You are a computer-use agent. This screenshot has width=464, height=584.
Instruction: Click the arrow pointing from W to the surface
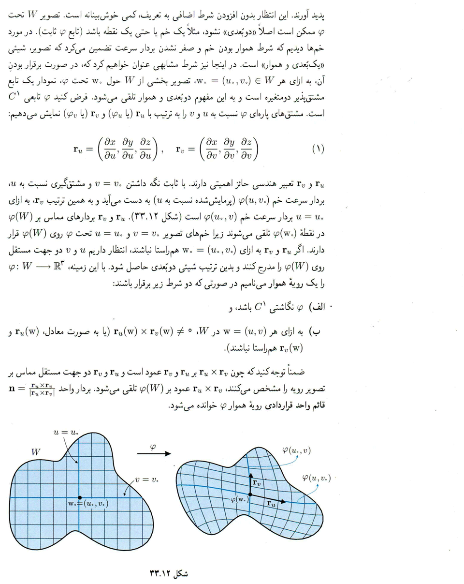click(154, 454)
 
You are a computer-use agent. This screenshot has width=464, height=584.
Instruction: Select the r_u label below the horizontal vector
click(273, 504)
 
